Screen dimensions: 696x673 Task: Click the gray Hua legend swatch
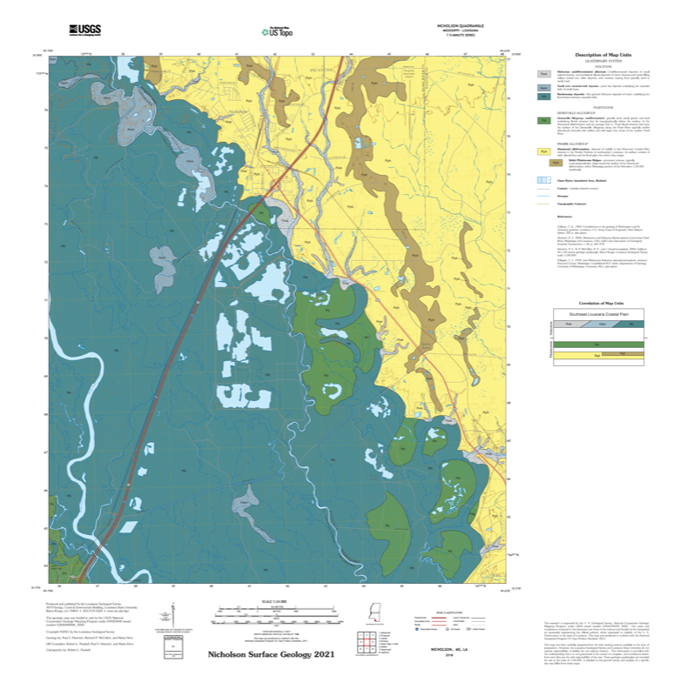point(544,76)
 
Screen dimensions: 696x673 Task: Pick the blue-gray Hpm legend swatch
point(544,88)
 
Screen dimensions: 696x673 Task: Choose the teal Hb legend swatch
point(544,96)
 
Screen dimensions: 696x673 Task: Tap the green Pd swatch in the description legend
point(544,121)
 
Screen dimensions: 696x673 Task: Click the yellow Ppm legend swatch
point(544,151)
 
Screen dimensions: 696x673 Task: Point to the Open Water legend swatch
point(544,180)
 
